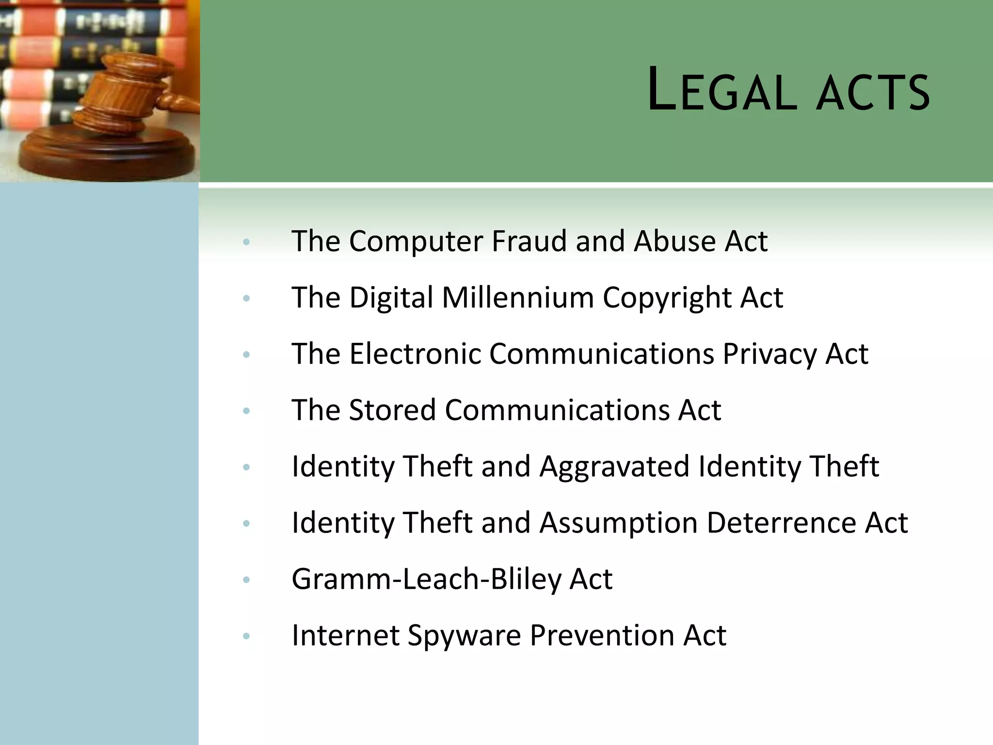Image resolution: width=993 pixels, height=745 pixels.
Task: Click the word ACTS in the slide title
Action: click(x=873, y=92)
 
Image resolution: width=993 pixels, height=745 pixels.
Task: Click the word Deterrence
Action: click(x=781, y=523)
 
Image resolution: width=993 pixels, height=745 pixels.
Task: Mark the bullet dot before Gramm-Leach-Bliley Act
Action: click(x=246, y=580)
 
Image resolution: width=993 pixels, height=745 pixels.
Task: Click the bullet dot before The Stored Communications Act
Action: click(x=246, y=411)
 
